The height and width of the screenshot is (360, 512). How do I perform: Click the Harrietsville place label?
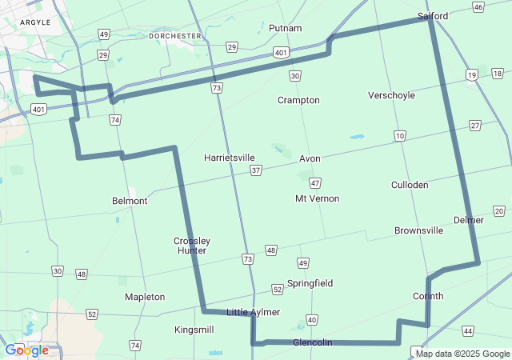click(229, 158)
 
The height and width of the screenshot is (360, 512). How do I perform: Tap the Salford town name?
click(433, 16)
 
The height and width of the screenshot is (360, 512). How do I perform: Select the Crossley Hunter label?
click(192, 246)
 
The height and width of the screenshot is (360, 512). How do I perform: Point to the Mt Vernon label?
click(317, 198)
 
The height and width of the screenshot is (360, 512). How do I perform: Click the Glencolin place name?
click(312, 342)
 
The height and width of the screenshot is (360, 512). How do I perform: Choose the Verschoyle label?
click(391, 95)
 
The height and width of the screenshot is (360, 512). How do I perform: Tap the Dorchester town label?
click(175, 36)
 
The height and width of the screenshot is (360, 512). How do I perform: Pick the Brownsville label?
click(418, 230)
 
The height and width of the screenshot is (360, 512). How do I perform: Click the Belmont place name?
click(130, 201)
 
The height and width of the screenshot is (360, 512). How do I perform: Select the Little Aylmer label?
click(254, 312)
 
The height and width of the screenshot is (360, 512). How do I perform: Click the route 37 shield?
click(255, 170)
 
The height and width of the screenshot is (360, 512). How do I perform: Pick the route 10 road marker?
click(399, 136)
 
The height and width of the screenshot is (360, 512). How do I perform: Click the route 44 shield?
click(467, 330)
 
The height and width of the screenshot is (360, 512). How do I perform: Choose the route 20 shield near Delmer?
click(499, 211)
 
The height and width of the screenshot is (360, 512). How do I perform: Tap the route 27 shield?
click(475, 126)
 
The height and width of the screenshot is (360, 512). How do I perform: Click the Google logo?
click(27, 350)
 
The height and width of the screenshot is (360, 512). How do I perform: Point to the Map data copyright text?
click(462, 353)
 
